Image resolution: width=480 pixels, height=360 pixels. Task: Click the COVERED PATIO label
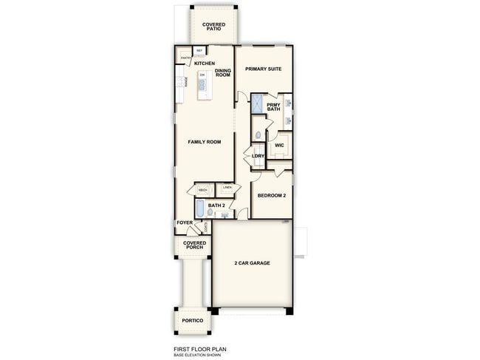point(214,27)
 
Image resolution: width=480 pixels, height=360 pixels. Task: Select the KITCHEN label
point(205,64)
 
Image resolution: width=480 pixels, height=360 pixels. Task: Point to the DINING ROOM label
point(223,73)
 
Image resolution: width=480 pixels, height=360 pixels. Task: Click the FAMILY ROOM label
point(205,141)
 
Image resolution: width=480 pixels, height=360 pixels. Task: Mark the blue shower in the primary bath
point(258,104)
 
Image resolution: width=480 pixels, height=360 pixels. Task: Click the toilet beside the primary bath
point(258,134)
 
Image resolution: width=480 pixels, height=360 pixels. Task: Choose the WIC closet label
point(279,145)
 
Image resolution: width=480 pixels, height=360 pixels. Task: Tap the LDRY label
point(258,156)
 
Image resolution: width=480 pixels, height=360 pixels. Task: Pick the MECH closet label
point(202,190)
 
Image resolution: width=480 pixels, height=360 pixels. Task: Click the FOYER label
point(185,223)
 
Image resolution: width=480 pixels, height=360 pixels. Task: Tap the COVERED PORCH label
point(195,245)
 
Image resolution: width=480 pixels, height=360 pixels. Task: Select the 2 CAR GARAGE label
point(252,263)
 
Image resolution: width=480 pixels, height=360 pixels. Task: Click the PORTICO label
point(193,320)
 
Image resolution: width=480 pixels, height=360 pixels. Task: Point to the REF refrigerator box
point(199,50)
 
